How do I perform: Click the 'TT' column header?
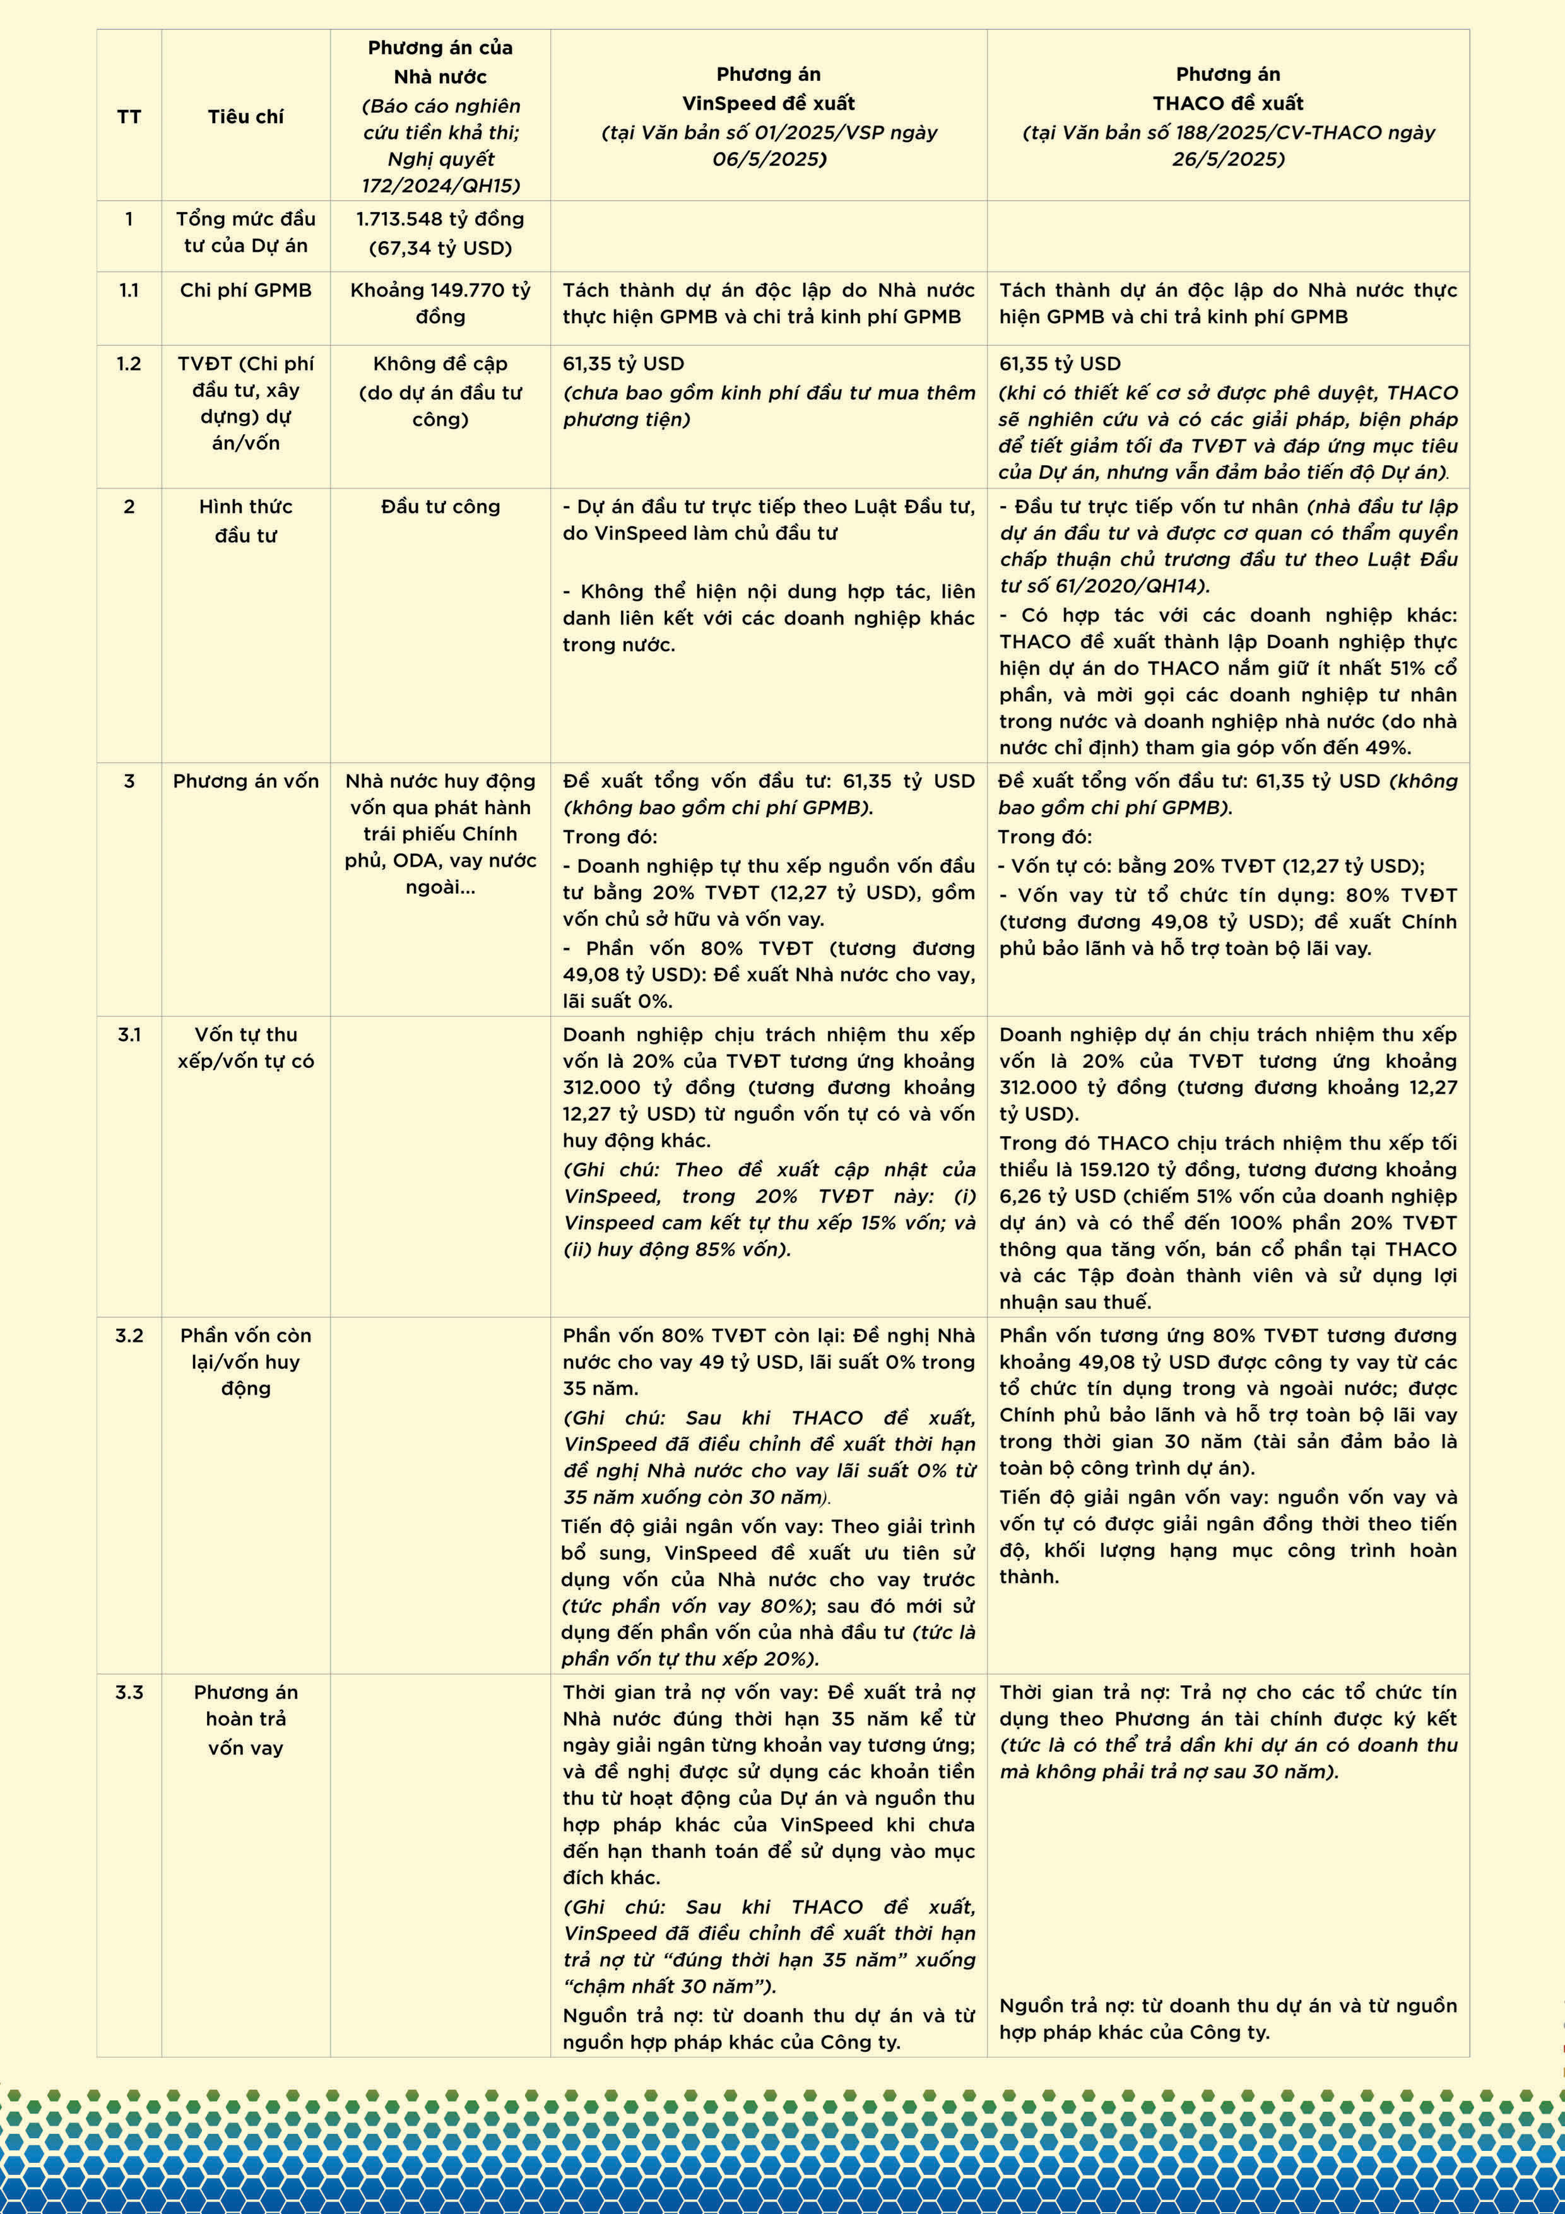(129, 117)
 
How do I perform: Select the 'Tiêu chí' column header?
(246, 117)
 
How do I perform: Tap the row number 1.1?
(129, 290)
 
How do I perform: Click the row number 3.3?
(129, 1692)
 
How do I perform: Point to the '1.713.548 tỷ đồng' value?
(440, 219)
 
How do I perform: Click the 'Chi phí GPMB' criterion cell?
(246, 290)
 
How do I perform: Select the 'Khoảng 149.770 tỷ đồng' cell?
(440, 303)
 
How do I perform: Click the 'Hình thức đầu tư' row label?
(246, 521)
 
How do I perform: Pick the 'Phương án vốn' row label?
(246, 781)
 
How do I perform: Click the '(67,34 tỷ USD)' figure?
(440, 248)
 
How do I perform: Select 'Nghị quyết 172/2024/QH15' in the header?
(440, 172)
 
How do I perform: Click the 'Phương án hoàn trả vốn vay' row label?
(246, 1719)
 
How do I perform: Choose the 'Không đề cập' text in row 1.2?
(440, 364)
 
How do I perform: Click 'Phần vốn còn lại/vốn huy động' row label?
(246, 1361)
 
